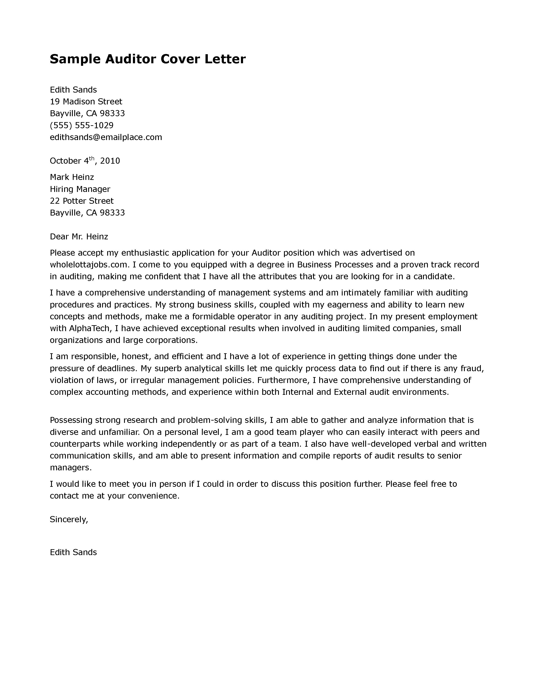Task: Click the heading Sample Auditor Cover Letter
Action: point(147,59)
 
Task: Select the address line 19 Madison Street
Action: point(86,102)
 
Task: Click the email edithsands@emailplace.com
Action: point(106,137)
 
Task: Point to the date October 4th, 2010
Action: point(85,161)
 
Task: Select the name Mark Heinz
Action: point(72,177)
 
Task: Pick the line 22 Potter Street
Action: point(82,201)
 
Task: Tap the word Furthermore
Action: point(283,380)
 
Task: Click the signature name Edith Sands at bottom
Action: point(73,552)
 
